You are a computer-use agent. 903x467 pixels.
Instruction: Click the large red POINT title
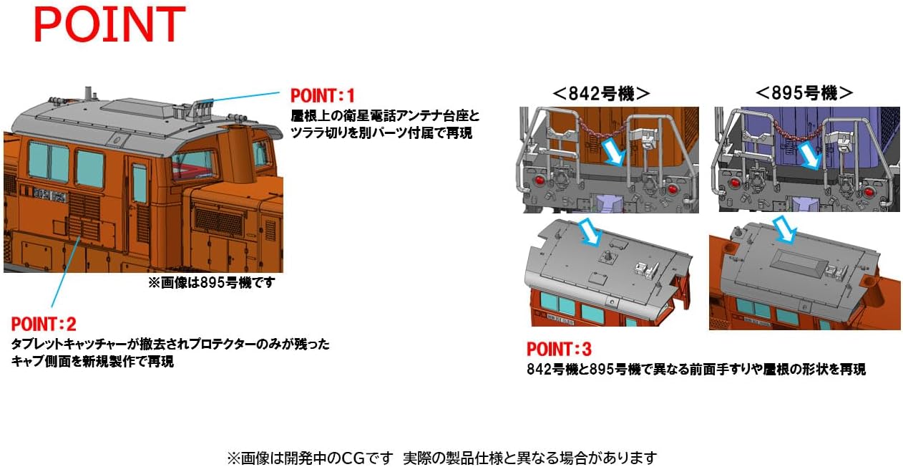pos(109,26)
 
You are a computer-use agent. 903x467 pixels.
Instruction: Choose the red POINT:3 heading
pos(559,350)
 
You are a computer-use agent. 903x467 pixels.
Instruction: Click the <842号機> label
pos(601,92)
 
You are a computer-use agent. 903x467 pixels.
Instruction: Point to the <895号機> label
pos(804,92)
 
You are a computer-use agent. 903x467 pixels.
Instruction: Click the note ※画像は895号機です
pos(211,283)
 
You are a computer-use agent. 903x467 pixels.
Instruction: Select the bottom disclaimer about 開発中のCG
pos(441,457)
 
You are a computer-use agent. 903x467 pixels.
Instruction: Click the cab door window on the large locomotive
pos(139,183)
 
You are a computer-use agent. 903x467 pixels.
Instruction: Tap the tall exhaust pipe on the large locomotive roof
pos(89,94)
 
